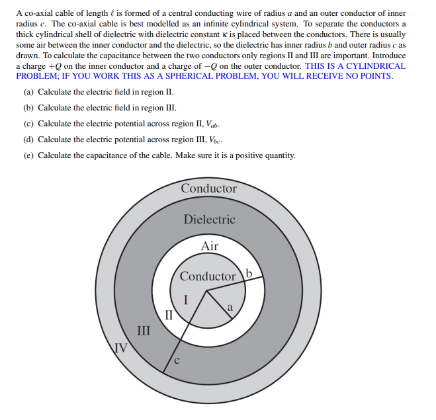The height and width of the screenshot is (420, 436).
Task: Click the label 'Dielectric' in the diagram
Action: tap(209, 220)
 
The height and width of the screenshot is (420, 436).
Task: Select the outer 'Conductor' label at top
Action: tap(209, 189)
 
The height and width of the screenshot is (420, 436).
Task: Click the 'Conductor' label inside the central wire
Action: tap(208, 276)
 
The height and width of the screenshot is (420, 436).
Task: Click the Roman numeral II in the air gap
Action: tap(169, 314)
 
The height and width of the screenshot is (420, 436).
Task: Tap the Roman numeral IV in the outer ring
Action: tap(120, 347)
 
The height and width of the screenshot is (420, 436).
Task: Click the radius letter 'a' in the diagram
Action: tap(230, 306)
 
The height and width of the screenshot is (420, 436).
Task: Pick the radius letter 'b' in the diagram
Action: tap(249, 273)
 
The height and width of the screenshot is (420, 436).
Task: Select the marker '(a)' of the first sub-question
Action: tap(28, 92)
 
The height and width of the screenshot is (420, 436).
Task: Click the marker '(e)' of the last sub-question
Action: tap(28, 156)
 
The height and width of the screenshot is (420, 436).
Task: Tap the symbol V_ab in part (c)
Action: tap(211, 124)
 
